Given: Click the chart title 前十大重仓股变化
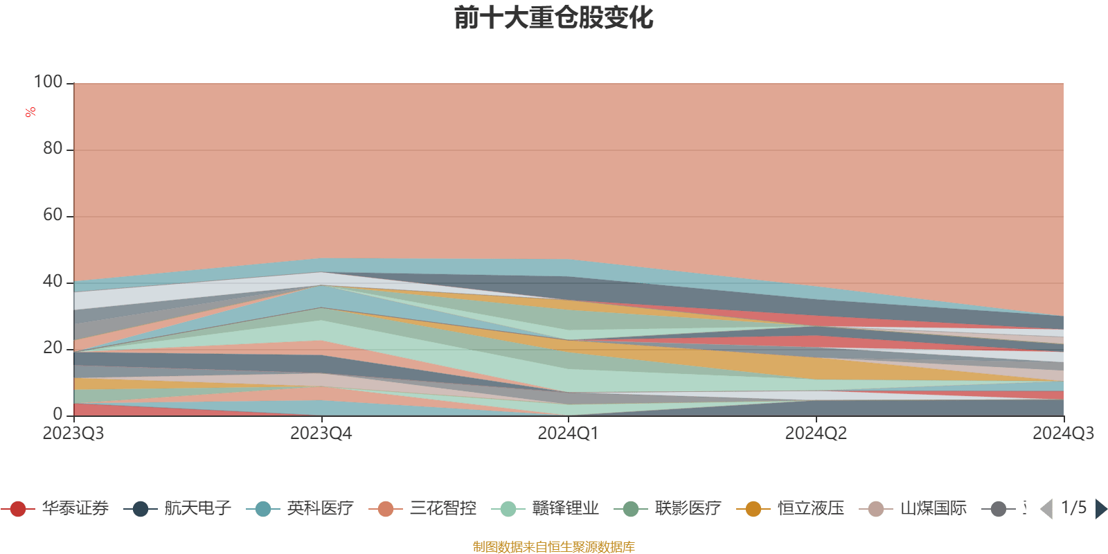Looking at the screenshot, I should [x=554, y=18].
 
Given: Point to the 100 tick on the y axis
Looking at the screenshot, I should [x=48, y=82].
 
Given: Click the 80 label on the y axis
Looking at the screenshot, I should [x=53, y=148].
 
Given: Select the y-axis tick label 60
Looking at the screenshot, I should [x=53, y=215].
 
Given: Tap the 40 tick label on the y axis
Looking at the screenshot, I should [x=53, y=281].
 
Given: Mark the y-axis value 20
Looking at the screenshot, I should [x=53, y=348].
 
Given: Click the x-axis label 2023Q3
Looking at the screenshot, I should [x=73, y=434].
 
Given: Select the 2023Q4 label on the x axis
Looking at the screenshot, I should [x=321, y=434].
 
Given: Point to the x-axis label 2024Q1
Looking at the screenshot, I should [x=568, y=434].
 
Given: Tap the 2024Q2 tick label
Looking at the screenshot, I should [x=816, y=434].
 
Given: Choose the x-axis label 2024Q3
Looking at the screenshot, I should [x=1063, y=434].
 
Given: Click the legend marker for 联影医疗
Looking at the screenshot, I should [x=631, y=509].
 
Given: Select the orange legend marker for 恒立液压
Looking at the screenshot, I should [x=753, y=509].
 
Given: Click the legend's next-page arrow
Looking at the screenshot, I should [x=1100, y=509].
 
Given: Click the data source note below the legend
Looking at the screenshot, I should [x=554, y=547].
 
